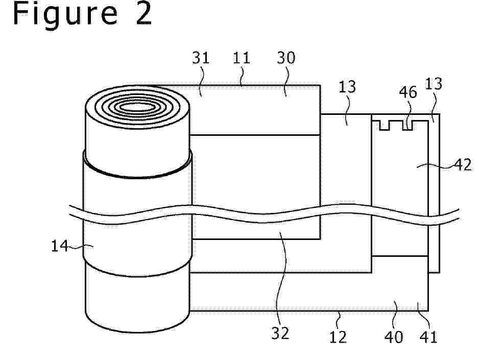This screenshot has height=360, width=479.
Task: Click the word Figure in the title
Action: [x=65, y=14]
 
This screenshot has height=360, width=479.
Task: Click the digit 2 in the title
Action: [x=143, y=13]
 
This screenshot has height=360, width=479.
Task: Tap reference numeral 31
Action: [x=201, y=58]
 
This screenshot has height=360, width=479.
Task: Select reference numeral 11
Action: [x=242, y=58]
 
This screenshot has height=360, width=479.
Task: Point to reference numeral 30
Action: [x=286, y=58]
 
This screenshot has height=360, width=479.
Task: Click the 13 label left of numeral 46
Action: [x=347, y=87]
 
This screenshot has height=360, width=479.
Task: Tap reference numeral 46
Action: [x=408, y=92]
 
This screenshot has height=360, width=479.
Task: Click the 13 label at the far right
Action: [x=434, y=83]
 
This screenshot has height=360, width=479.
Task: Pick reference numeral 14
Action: [x=60, y=246]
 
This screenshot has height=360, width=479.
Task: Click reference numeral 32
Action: [x=280, y=333]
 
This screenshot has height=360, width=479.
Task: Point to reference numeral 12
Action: [x=338, y=337]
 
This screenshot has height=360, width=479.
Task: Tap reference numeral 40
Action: [x=393, y=337]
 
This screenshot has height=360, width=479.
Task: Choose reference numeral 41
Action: [x=428, y=337]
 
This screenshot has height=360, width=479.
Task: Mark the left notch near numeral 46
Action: [x=385, y=126]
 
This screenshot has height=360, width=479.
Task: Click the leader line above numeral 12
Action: [x=338, y=320]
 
